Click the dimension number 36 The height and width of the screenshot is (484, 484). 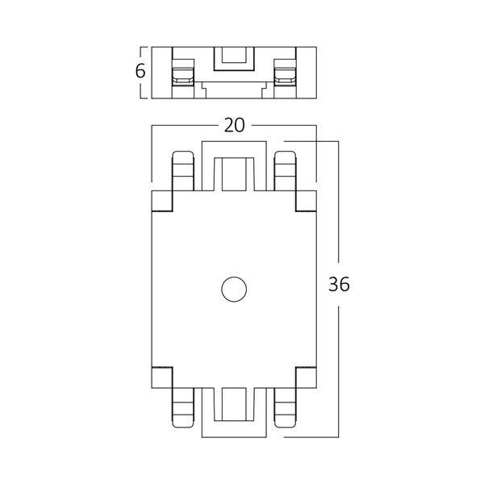[340, 286]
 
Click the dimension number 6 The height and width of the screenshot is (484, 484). [140, 72]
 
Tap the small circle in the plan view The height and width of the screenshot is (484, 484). [235, 289]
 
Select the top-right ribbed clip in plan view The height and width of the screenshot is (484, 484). [286, 171]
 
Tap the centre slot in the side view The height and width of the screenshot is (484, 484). [234, 59]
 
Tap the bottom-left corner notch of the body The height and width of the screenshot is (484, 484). [164, 376]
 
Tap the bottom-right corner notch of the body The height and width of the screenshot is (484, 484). [305, 376]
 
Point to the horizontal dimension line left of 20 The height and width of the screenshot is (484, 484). [186, 125]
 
